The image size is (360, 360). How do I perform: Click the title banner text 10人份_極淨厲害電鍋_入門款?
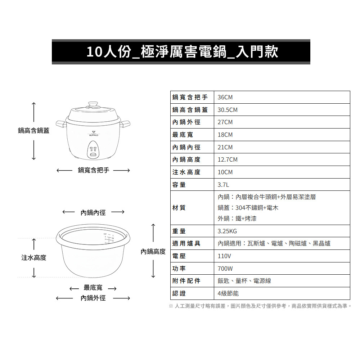[x=182, y=51]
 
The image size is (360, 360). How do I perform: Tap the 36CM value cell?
[x=225, y=97]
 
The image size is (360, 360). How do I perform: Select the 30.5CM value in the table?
[x=228, y=110]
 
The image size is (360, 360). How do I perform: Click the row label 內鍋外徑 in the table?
[x=186, y=122]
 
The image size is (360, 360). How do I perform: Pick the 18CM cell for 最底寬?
[x=225, y=135]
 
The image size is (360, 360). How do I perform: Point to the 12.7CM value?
[x=228, y=159]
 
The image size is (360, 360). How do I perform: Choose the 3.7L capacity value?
[x=223, y=185]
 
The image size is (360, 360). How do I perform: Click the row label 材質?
[x=179, y=208]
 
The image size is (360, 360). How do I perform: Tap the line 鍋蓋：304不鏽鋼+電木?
[x=248, y=208]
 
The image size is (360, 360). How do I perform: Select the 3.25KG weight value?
[x=227, y=231]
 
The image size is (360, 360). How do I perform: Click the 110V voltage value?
[x=224, y=256]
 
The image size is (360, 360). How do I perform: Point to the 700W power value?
[x=225, y=269]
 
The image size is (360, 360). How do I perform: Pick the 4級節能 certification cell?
[x=228, y=293]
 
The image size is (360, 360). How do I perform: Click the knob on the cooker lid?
[x=93, y=105]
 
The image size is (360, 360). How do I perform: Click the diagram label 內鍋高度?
[x=153, y=252]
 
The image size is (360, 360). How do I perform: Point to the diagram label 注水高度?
[x=34, y=258]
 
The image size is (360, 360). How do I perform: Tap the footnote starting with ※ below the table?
[x=260, y=306]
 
